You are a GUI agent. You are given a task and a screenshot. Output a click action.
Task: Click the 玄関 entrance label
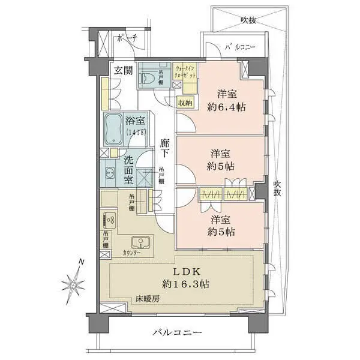tap(124, 70)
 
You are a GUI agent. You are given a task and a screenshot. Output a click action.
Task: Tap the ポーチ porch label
tap(128, 38)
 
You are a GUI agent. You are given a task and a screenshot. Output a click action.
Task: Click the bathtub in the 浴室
tap(113, 129)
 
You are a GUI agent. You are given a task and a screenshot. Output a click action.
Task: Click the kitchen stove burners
tap(110, 220)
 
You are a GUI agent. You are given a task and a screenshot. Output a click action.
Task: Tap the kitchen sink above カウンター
tap(142, 243)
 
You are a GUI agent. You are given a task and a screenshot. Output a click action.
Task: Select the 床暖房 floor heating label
tap(146, 298)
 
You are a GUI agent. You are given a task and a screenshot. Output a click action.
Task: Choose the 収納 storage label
tap(185, 103)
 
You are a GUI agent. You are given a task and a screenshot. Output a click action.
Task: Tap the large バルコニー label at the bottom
tap(176, 332)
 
